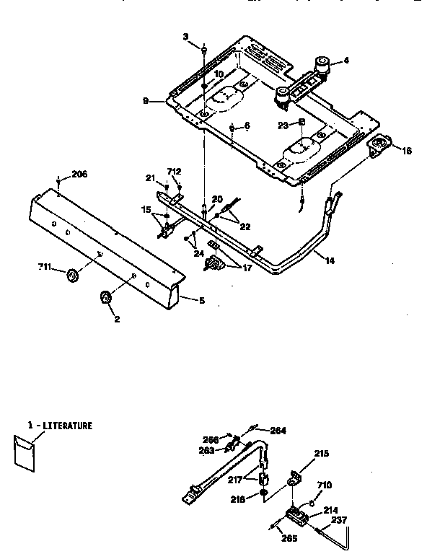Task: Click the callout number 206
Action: click(79, 175)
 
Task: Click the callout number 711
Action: click(45, 268)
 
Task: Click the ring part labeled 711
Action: click(71, 275)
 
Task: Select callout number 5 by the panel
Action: click(201, 300)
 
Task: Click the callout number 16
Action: click(406, 151)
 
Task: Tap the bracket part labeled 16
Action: click(378, 147)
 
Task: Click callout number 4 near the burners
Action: click(345, 61)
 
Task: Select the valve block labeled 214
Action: click(296, 516)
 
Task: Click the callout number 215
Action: click(320, 454)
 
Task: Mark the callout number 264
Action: click(278, 431)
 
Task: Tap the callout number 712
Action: click(174, 171)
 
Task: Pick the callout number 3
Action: click(185, 36)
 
